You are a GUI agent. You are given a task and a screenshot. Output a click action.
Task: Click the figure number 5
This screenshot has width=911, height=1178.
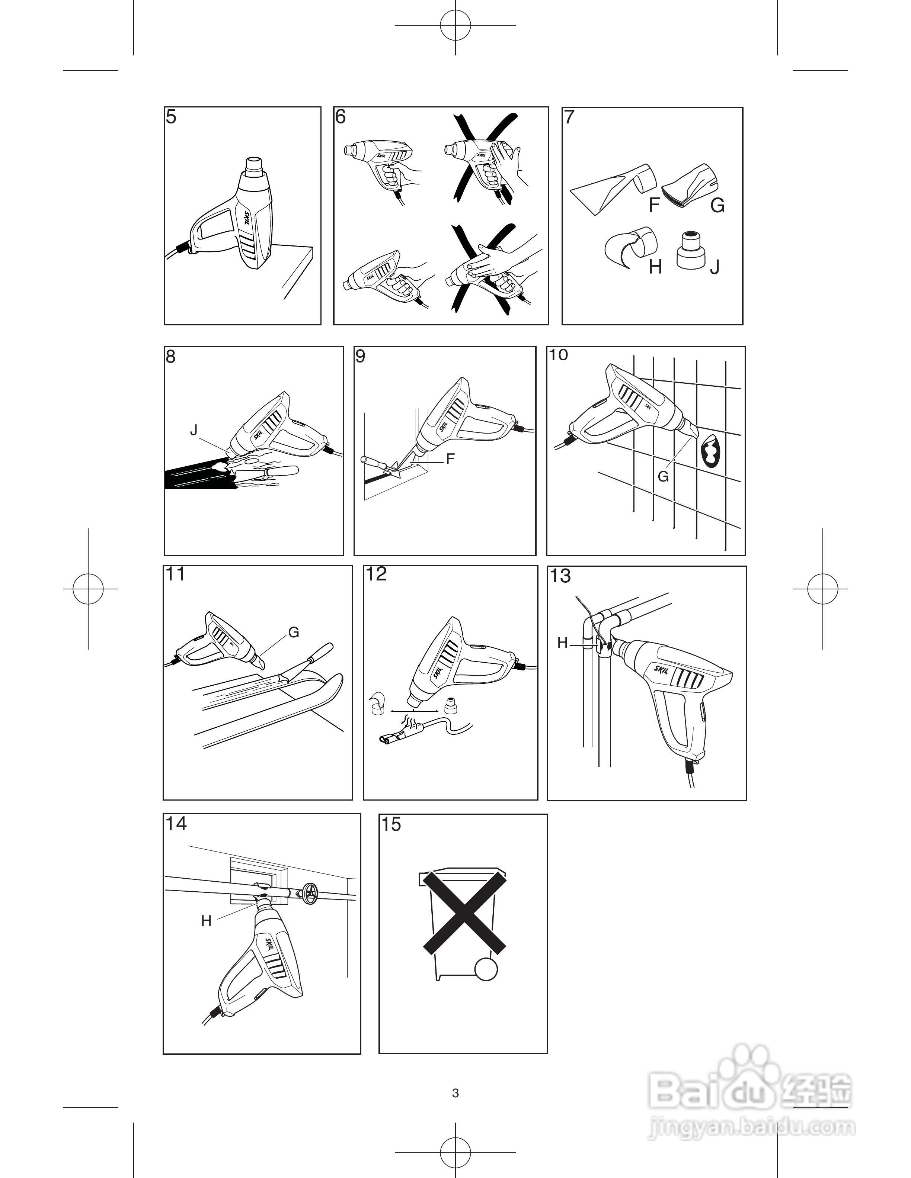tap(171, 117)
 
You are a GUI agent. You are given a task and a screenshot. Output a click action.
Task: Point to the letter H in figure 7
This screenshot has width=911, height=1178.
tap(655, 267)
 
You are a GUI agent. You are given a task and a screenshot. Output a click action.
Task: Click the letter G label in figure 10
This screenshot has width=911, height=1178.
tap(663, 476)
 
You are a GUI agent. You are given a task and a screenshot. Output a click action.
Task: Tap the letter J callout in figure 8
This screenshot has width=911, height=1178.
tap(194, 429)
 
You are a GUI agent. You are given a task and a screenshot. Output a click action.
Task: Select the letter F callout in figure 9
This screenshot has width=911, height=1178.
tap(450, 459)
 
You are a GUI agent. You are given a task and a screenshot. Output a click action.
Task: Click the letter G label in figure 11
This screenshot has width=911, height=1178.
tap(294, 632)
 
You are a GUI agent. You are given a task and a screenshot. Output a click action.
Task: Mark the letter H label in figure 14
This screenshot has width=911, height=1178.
tap(206, 921)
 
